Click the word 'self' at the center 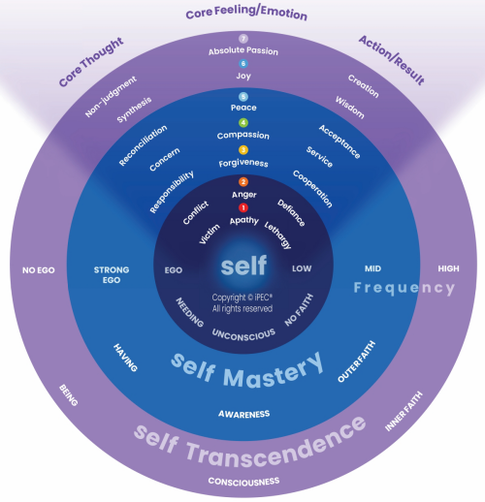[x=243, y=265]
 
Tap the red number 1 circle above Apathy [x=243, y=207]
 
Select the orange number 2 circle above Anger [x=243, y=182]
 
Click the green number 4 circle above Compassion [x=243, y=123]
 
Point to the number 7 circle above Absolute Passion [x=243, y=39]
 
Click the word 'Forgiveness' [x=243, y=163]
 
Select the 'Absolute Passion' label [x=243, y=50]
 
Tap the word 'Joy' [x=243, y=76]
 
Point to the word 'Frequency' [x=404, y=288]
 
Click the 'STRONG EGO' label [x=111, y=275]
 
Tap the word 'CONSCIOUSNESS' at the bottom [x=243, y=482]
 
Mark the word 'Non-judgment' [x=111, y=95]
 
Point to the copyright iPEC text [x=243, y=302]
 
